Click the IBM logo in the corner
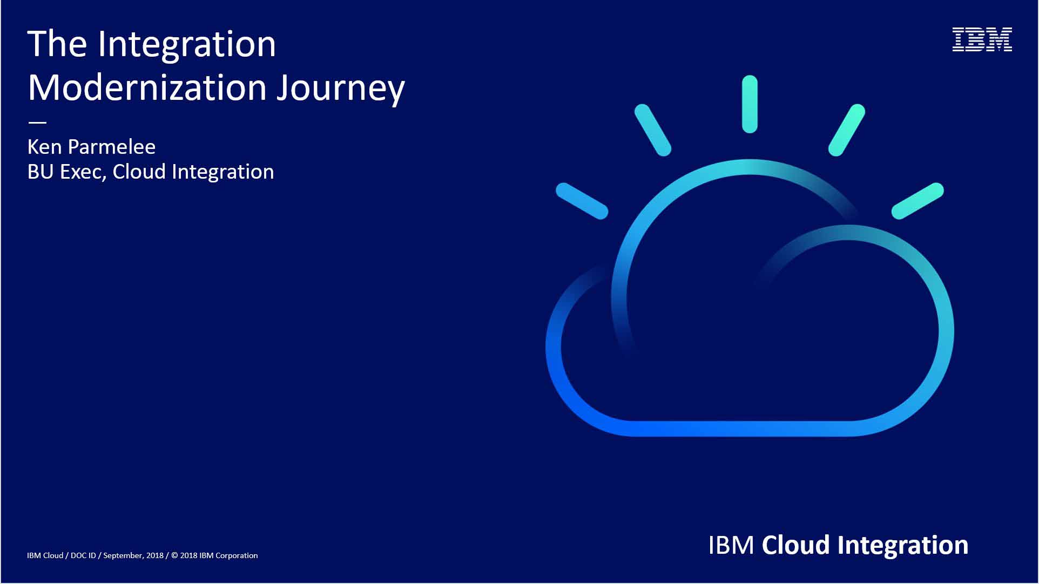982,39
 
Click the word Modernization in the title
147,87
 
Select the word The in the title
57,44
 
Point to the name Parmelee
111,147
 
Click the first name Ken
44,147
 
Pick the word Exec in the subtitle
83,172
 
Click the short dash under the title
37,123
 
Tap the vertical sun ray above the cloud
750,104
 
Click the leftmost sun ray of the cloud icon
582,201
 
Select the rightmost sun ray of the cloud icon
917,201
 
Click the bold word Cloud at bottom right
795,545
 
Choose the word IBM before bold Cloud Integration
731,545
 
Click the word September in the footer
124,555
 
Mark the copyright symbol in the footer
174,555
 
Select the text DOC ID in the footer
83,555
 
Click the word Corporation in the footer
237,555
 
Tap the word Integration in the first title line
187,45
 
